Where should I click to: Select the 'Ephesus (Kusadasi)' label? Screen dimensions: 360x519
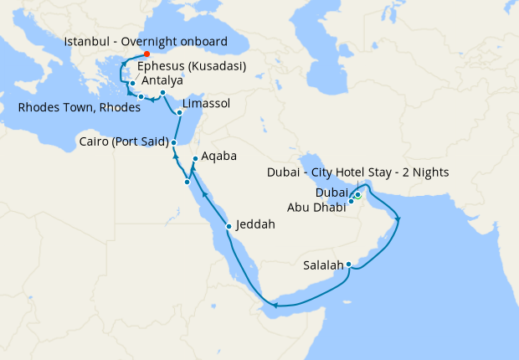tap(191, 66)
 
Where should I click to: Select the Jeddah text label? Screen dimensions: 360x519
tap(255, 224)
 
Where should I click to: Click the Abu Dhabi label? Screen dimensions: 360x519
tap(316, 207)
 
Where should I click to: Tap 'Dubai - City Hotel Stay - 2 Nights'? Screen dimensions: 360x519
tap(357, 172)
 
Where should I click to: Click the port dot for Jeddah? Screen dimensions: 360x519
tap(229, 226)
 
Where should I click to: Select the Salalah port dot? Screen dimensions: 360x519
tap(348, 266)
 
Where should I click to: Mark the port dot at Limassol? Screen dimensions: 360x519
tap(180, 112)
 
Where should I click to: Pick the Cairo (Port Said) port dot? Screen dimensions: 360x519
tap(173, 142)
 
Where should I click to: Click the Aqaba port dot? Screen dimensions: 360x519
tap(195, 159)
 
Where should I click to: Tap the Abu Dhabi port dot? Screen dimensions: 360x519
tap(351, 202)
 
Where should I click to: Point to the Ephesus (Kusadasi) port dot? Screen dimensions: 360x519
tap(132, 84)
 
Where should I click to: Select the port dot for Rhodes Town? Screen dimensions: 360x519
tap(141, 98)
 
